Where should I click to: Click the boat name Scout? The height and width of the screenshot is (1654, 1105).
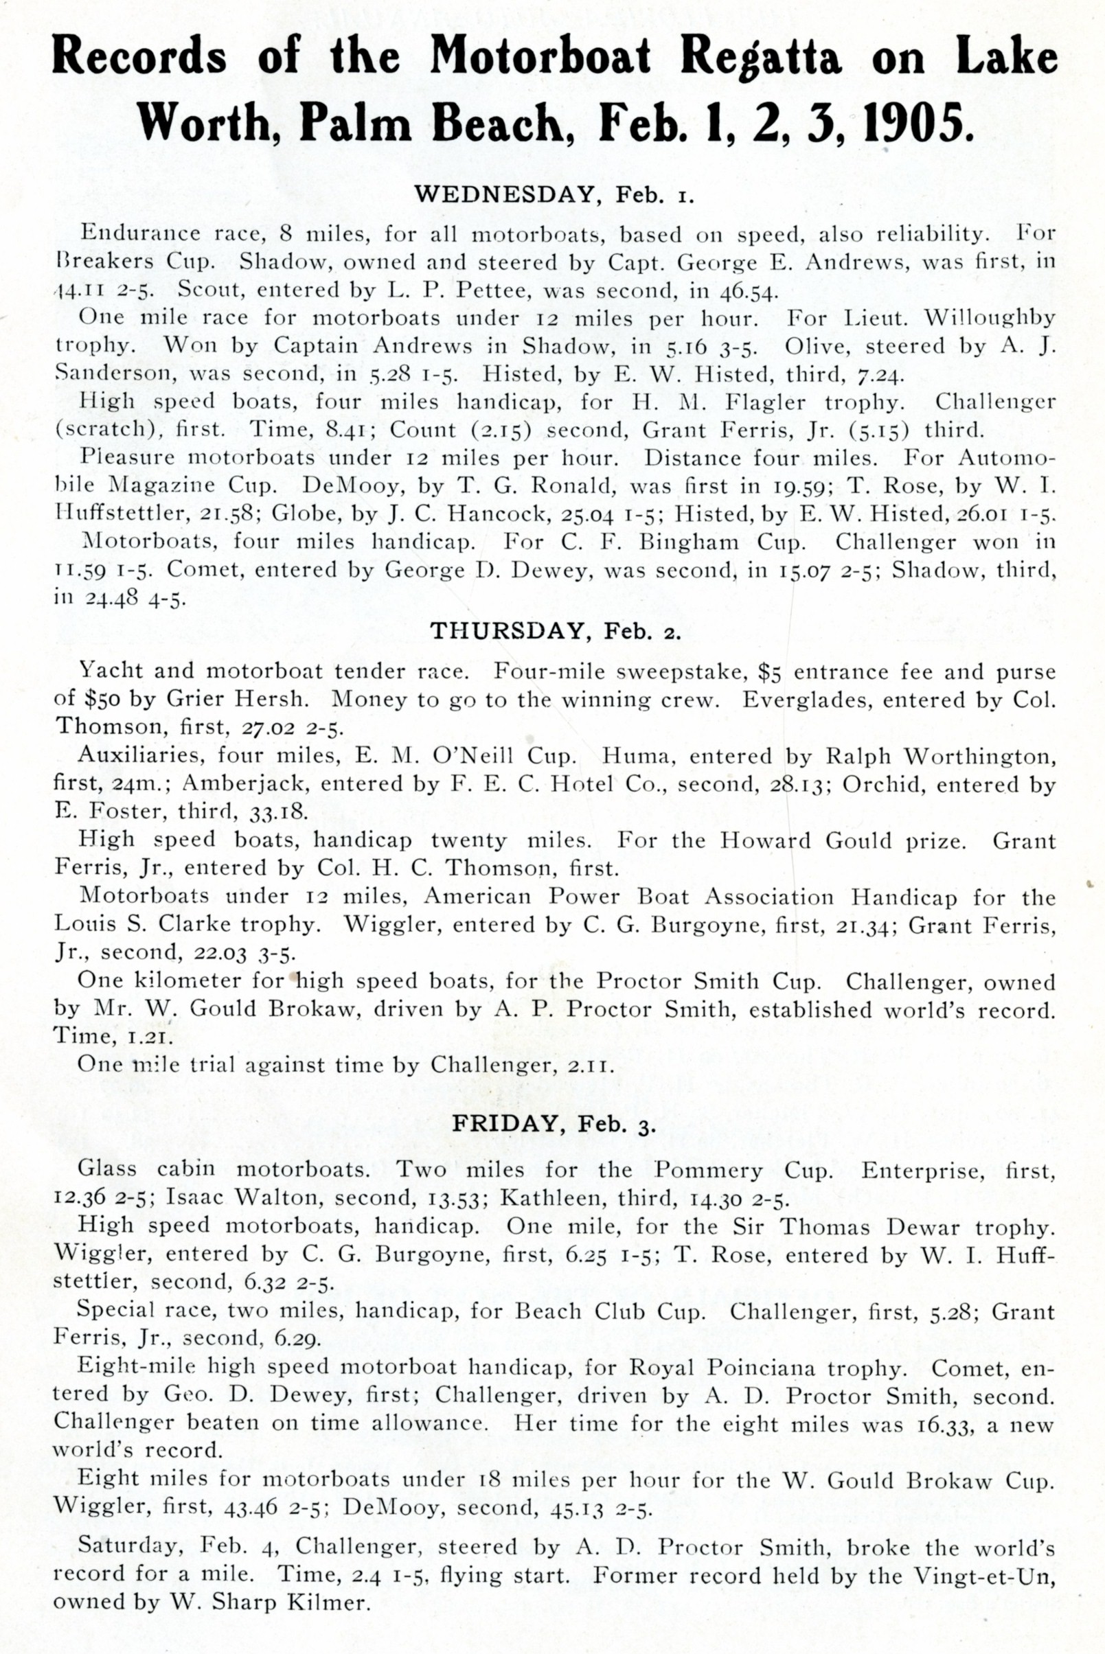click(x=209, y=290)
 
